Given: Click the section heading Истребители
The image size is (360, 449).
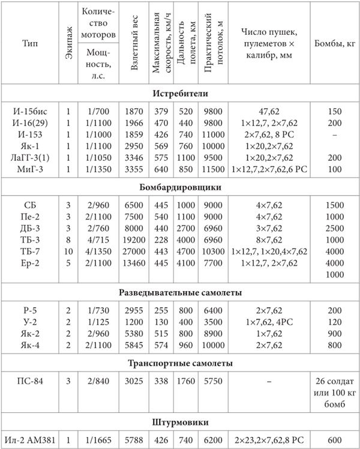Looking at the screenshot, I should [x=180, y=94].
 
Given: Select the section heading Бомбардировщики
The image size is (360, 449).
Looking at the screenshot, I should [x=180, y=187].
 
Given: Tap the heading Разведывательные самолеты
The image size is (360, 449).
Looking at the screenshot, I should [x=180, y=293].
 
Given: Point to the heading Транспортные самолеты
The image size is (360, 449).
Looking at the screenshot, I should [x=180, y=364].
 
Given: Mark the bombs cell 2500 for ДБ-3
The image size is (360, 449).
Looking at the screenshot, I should [x=335, y=229].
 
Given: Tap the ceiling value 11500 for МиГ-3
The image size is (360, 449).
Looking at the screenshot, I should [x=214, y=170].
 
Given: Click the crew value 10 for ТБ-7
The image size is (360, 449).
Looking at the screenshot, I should [x=68, y=252].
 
